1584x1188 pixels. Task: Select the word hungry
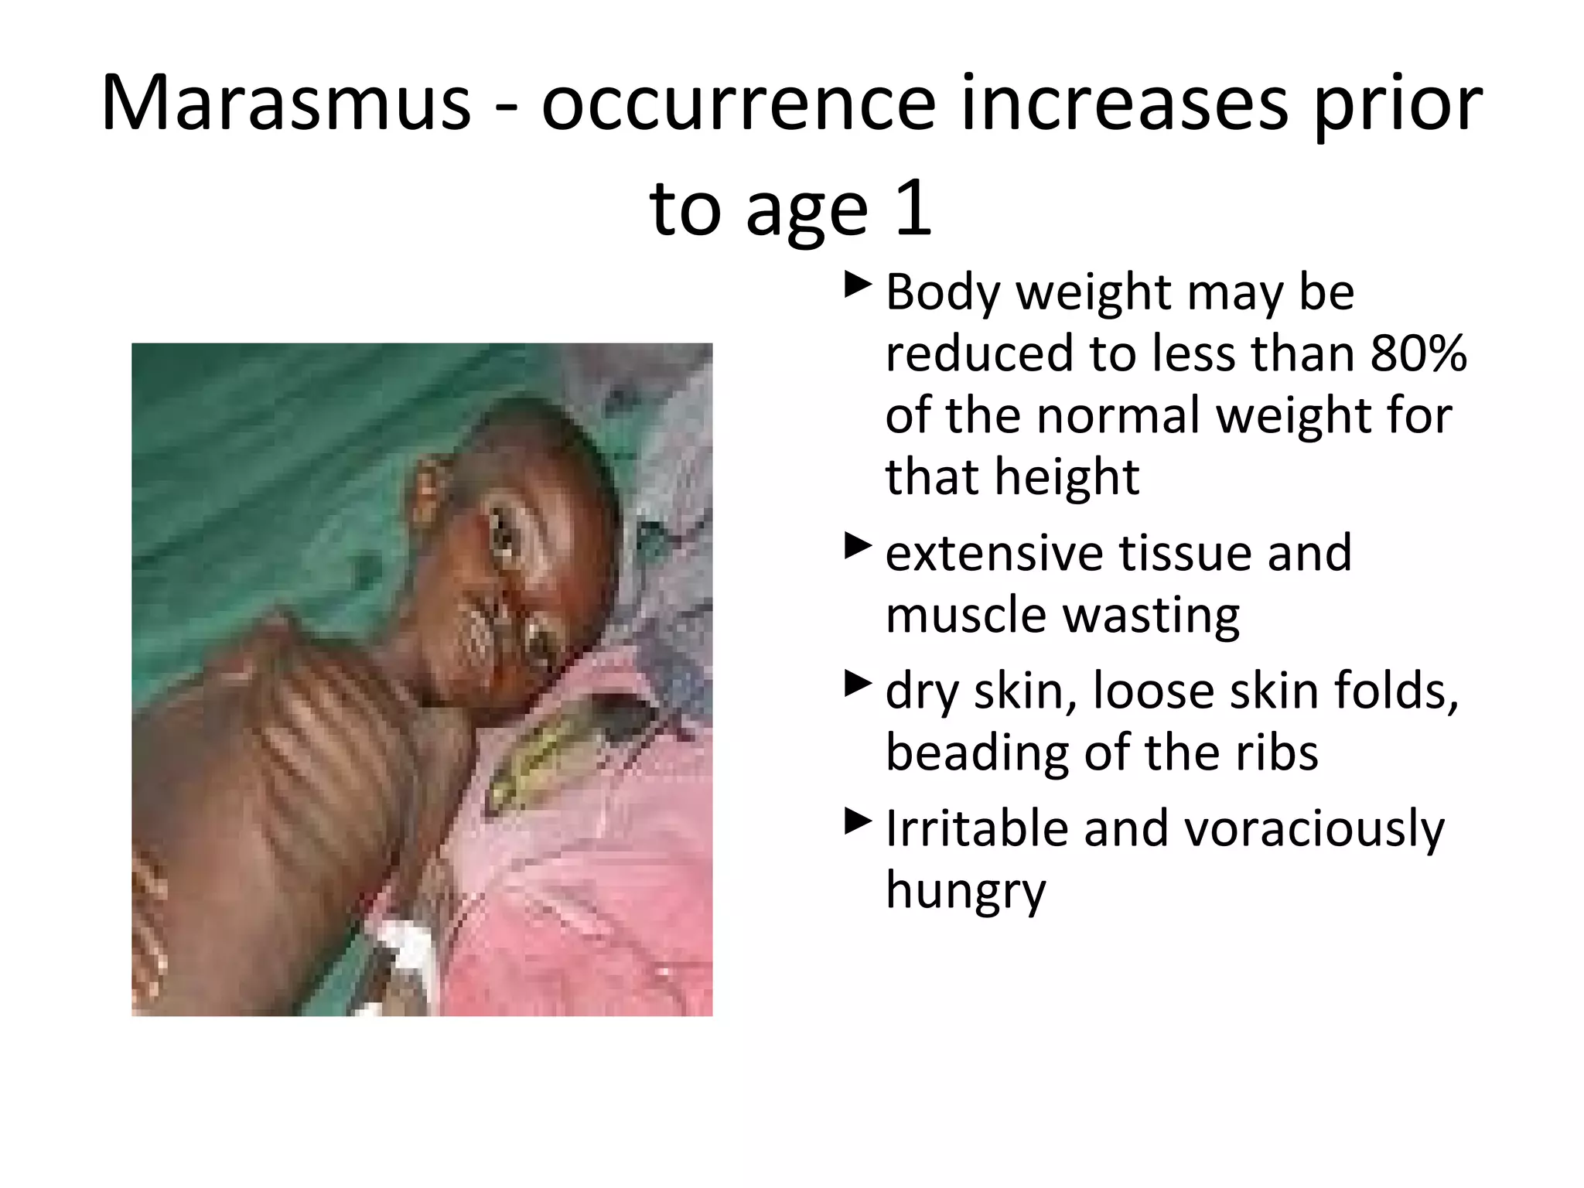coord(965,891)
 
